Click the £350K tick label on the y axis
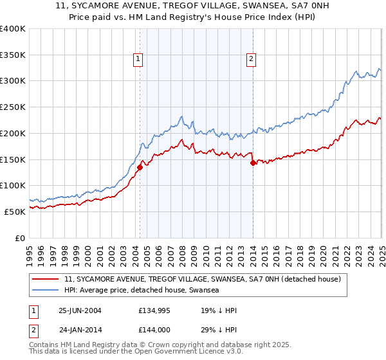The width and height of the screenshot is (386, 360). coord(12,55)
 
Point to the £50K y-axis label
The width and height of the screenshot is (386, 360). coord(15,211)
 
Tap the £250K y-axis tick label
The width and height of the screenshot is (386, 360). coord(12,107)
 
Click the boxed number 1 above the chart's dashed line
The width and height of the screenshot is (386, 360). coord(139,60)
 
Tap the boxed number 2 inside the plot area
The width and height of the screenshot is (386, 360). coord(251,60)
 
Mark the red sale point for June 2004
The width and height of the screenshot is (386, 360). coord(140,167)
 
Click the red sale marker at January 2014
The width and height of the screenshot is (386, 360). coord(253,163)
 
